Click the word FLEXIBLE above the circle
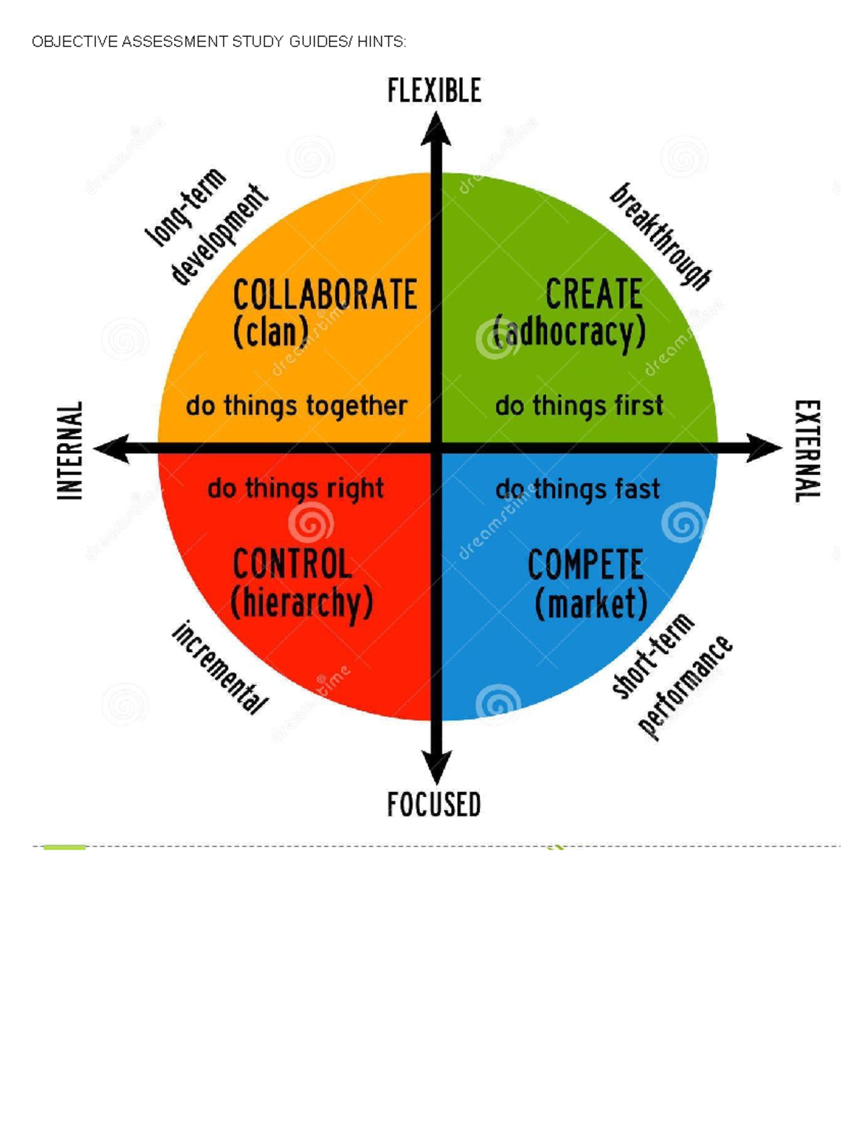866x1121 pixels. coord(434,91)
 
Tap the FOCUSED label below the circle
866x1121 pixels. coord(434,804)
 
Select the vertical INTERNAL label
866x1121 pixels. coord(70,450)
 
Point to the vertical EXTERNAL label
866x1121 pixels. coord(807,451)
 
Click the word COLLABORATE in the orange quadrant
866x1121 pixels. coord(325,295)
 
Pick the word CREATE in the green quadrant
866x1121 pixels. coord(594,294)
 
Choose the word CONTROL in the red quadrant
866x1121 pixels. coord(292,564)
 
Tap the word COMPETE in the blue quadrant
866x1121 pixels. coord(586,564)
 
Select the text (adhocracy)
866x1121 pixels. coord(569,333)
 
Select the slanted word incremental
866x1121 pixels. coord(220,668)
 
